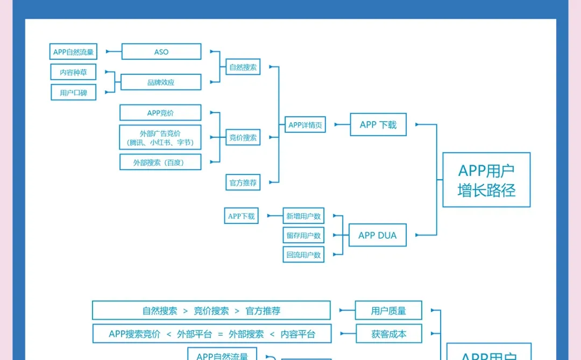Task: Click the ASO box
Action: coord(161,52)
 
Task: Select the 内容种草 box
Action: coord(73,72)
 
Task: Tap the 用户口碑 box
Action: coord(73,93)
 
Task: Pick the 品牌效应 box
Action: coord(161,82)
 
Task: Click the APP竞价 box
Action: coord(160,113)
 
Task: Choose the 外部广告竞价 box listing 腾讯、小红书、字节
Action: coord(160,138)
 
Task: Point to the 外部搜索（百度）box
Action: coord(160,162)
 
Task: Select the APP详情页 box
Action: coord(305,125)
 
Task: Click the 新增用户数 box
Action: coord(303,216)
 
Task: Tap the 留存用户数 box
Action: coord(303,236)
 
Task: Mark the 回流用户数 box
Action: coord(303,255)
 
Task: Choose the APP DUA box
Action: coord(377,235)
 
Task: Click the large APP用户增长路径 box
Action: coord(486,180)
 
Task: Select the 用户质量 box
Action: coord(388,310)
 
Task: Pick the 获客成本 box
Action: coord(388,334)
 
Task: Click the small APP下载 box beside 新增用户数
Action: coord(242,216)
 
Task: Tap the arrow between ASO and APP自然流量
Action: coord(114,52)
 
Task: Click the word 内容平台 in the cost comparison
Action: coord(298,334)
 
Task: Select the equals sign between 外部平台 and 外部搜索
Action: coord(220,334)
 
